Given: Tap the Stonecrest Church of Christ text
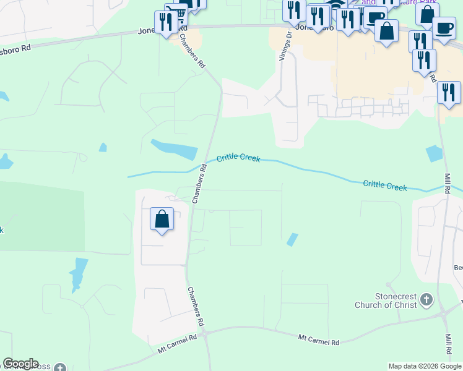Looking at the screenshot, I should pyautogui.click(x=386, y=300).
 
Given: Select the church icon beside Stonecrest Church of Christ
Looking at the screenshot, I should pyautogui.click(x=426, y=300).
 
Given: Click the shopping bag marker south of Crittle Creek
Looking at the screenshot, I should pyautogui.click(x=162, y=220).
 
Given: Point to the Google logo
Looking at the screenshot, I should pyautogui.click(x=20, y=364).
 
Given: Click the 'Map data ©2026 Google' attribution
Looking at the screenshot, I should pyautogui.click(x=425, y=366).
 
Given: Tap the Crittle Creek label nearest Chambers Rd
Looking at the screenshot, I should pyautogui.click(x=238, y=159).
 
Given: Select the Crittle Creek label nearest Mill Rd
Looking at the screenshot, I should pyautogui.click(x=385, y=185).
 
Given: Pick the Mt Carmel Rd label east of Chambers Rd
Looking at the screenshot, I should pyautogui.click(x=319, y=339).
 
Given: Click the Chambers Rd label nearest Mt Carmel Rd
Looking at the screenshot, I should pyautogui.click(x=196, y=307).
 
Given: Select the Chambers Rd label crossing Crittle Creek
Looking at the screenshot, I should pyautogui.click(x=199, y=184).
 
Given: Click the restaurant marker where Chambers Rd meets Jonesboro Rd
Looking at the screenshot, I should pyautogui.click(x=166, y=23).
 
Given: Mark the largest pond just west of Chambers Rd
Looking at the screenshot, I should pyautogui.click(x=173, y=148).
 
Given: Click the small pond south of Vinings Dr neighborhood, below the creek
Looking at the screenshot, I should pyautogui.click(x=292, y=239).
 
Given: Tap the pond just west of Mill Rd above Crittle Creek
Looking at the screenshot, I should pyautogui.click(x=435, y=153).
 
